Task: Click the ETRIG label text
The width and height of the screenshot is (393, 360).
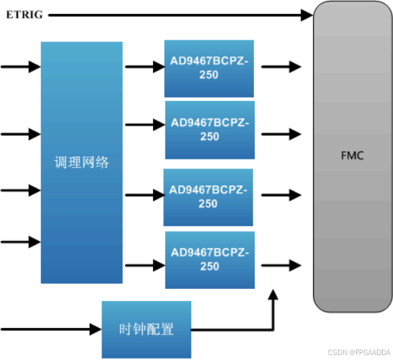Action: (x=24, y=15)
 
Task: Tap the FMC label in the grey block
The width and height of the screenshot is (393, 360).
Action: (x=353, y=155)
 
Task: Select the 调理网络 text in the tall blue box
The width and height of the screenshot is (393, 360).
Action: (x=81, y=163)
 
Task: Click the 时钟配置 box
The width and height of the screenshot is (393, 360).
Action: (x=146, y=329)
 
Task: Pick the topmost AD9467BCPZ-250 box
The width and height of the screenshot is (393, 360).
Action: (x=209, y=68)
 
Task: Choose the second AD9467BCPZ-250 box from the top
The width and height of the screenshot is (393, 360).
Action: (x=209, y=130)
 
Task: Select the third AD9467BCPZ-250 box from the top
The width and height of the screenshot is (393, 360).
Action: (x=209, y=197)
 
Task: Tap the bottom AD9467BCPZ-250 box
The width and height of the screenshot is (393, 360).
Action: (x=209, y=260)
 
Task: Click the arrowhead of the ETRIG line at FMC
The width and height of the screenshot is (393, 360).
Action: (x=306, y=15)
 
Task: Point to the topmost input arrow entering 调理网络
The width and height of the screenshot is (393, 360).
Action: (x=21, y=67)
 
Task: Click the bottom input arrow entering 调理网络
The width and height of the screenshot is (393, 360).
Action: (x=21, y=242)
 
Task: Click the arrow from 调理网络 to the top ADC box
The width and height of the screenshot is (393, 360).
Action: (x=144, y=68)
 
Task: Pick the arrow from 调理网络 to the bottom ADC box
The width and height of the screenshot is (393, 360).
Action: (x=144, y=265)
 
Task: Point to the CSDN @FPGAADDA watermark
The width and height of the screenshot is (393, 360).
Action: (x=359, y=352)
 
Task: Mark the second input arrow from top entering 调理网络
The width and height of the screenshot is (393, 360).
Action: (x=21, y=132)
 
